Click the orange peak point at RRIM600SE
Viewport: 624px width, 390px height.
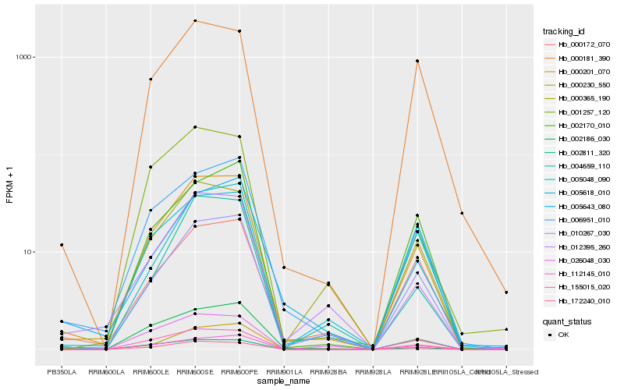click(195, 21)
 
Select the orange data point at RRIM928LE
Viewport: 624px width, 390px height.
click(418, 61)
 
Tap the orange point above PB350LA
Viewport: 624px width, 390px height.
click(62, 245)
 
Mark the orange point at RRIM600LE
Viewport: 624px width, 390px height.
click(151, 79)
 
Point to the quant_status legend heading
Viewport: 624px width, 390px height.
click(567, 321)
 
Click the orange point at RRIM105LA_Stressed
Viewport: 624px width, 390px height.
click(507, 292)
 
